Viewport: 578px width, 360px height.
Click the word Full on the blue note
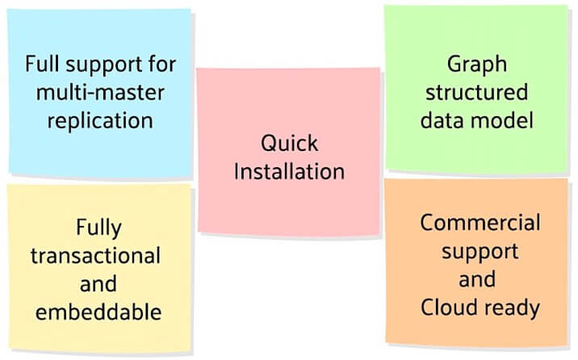tap(42, 64)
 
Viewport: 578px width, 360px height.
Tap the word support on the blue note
tap(104, 65)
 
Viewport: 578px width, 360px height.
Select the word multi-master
tap(100, 92)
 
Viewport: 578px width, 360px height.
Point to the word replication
tap(100, 121)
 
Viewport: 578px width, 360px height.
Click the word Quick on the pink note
tap(289, 143)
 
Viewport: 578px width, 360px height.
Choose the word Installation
tap(289, 171)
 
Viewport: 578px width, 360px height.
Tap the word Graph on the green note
tap(477, 65)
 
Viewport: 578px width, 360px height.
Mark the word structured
tap(477, 92)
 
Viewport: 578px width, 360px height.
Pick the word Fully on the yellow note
tap(98, 228)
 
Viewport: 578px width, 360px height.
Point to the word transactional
tap(96, 256)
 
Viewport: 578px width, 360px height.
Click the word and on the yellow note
tap(98, 284)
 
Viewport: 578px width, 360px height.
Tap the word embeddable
tap(98, 312)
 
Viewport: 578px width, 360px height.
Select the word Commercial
tap(480, 223)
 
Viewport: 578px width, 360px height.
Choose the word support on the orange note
tap(480, 253)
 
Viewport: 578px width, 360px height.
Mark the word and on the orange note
tap(477, 279)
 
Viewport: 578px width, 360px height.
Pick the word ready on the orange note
tap(510, 309)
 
